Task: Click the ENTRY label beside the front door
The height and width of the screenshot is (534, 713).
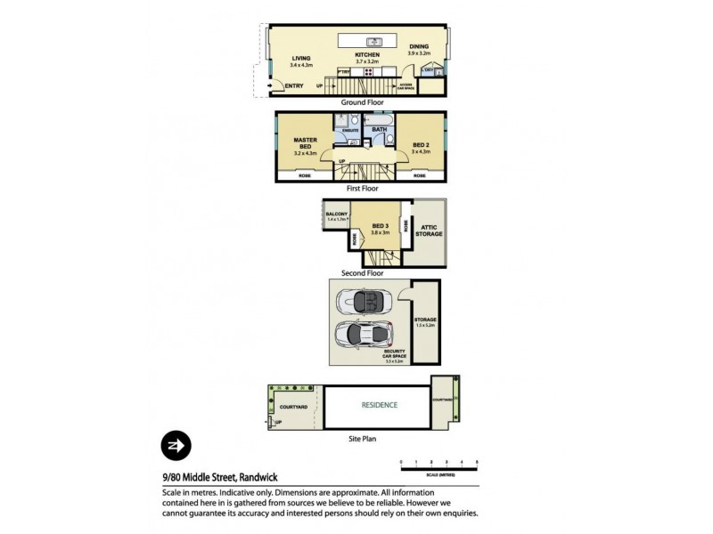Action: pos(294,85)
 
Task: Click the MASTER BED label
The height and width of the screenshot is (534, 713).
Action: pos(306,143)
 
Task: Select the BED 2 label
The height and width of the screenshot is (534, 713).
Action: pos(421,145)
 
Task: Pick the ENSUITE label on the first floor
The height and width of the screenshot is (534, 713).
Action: pos(350,131)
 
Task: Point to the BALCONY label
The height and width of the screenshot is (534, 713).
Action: pos(336,214)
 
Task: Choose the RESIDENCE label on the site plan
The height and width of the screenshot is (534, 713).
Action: pos(379,405)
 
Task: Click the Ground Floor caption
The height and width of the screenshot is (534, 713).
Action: pos(362,102)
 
